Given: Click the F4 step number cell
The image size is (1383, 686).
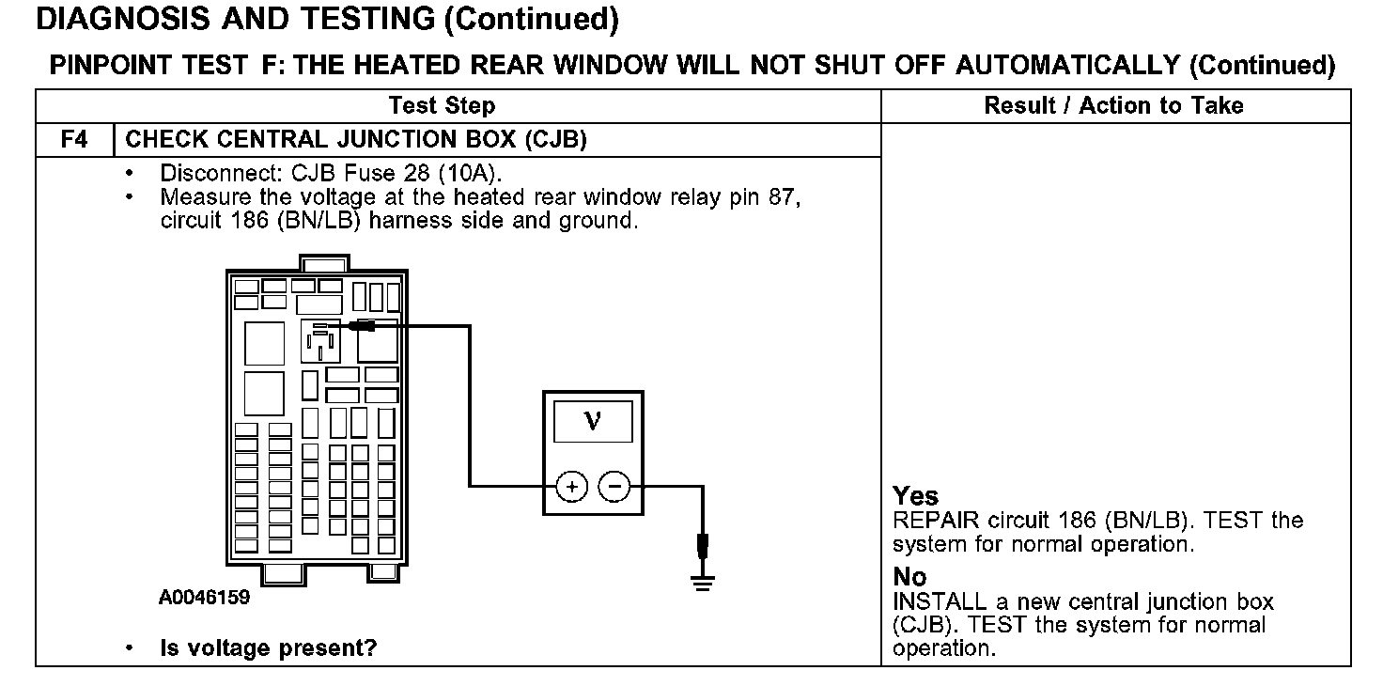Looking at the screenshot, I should [74, 140].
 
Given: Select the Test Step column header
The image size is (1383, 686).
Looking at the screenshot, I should [442, 105].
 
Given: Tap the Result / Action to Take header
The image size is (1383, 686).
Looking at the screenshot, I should [1113, 105].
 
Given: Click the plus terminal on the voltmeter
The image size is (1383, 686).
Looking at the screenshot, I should [572, 486].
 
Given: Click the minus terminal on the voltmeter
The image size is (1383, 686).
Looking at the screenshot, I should [614, 486].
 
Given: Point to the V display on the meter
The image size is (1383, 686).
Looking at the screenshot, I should [593, 420].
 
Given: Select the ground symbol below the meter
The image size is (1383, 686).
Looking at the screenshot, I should [701, 580].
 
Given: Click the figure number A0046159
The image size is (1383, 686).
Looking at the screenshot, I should [204, 598].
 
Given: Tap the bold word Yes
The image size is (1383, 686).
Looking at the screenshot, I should [915, 496].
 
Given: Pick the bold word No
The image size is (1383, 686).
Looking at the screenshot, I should [909, 577].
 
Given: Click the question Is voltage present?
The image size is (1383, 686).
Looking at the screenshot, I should [268, 648].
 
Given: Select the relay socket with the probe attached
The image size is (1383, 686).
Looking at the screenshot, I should [319, 340].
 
